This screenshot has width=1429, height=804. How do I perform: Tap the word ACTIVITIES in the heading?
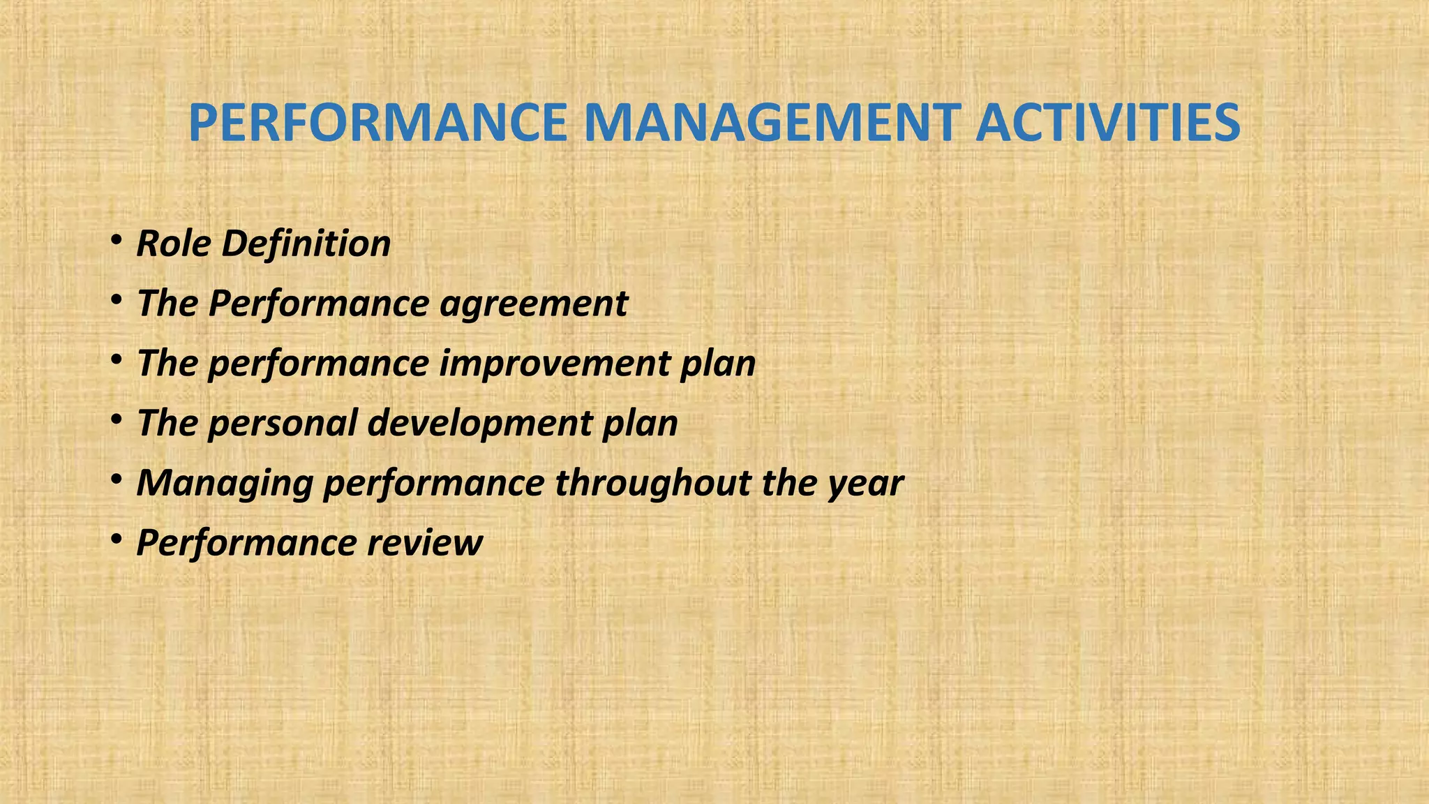(1107, 123)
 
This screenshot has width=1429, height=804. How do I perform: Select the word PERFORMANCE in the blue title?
(377, 123)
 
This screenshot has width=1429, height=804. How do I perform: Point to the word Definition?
(306, 244)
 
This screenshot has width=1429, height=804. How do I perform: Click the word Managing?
(224, 484)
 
